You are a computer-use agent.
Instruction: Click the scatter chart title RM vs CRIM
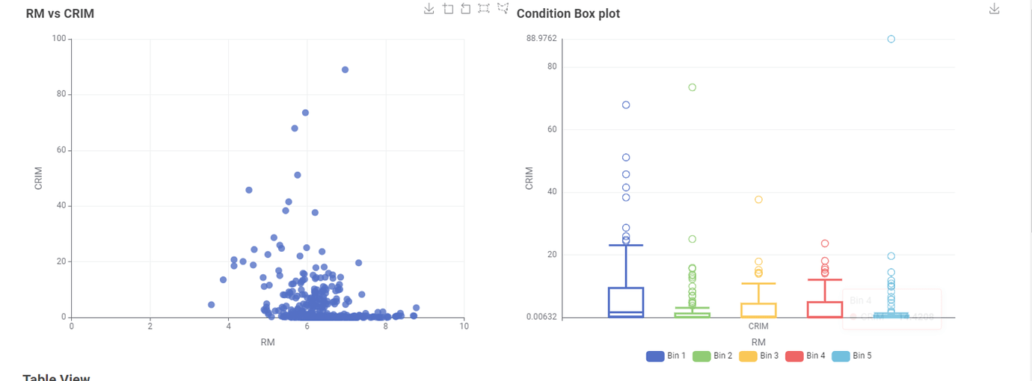[x=60, y=13]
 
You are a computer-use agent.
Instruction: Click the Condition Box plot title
[x=568, y=13]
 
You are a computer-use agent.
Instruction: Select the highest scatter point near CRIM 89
[x=345, y=69]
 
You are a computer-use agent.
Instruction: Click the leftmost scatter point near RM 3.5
[x=212, y=305]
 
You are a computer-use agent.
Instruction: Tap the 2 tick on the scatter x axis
[x=150, y=326]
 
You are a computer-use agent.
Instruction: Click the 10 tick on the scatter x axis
[x=464, y=326]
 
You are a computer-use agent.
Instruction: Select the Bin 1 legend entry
[x=666, y=356]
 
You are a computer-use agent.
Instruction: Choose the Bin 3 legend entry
[x=758, y=356]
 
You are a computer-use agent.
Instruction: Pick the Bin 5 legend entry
[x=851, y=356]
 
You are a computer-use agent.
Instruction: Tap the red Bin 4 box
[x=825, y=309]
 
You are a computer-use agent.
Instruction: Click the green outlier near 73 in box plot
[x=692, y=87]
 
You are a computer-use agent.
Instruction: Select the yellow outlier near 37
[x=758, y=199]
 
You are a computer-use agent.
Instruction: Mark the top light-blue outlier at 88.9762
[x=891, y=39]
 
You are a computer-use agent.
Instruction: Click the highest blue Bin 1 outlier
[x=626, y=105]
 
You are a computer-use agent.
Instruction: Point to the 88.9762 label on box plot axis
[x=541, y=39]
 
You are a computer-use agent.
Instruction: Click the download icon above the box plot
[x=994, y=8]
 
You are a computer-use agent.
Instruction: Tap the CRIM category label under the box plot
[x=758, y=326]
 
